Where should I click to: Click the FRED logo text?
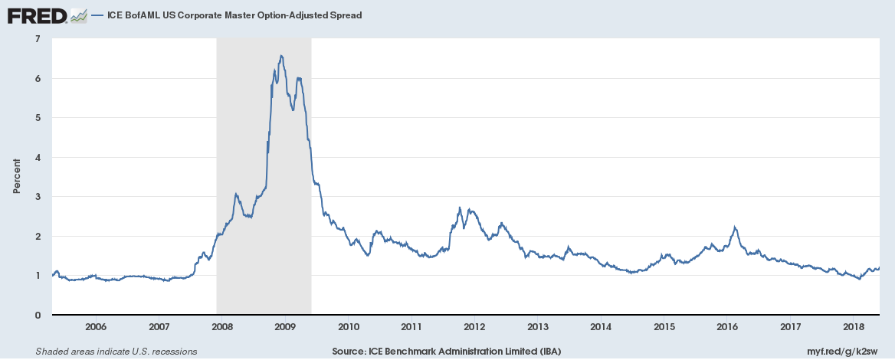(x=36, y=15)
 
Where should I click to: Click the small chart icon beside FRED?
(x=77, y=15)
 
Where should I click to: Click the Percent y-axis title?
(x=16, y=176)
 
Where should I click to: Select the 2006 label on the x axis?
(x=96, y=327)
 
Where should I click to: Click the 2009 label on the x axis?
(x=285, y=327)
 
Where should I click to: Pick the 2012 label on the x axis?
(x=475, y=327)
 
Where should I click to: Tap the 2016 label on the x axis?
(x=727, y=327)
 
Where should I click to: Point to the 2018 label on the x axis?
(x=854, y=327)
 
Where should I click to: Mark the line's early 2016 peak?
(x=735, y=227)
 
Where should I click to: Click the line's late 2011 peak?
(x=459, y=208)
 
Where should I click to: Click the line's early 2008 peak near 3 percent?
(x=236, y=194)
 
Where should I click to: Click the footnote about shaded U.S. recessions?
(x=116, y=352)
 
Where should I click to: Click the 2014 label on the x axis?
(x=601, y=327)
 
